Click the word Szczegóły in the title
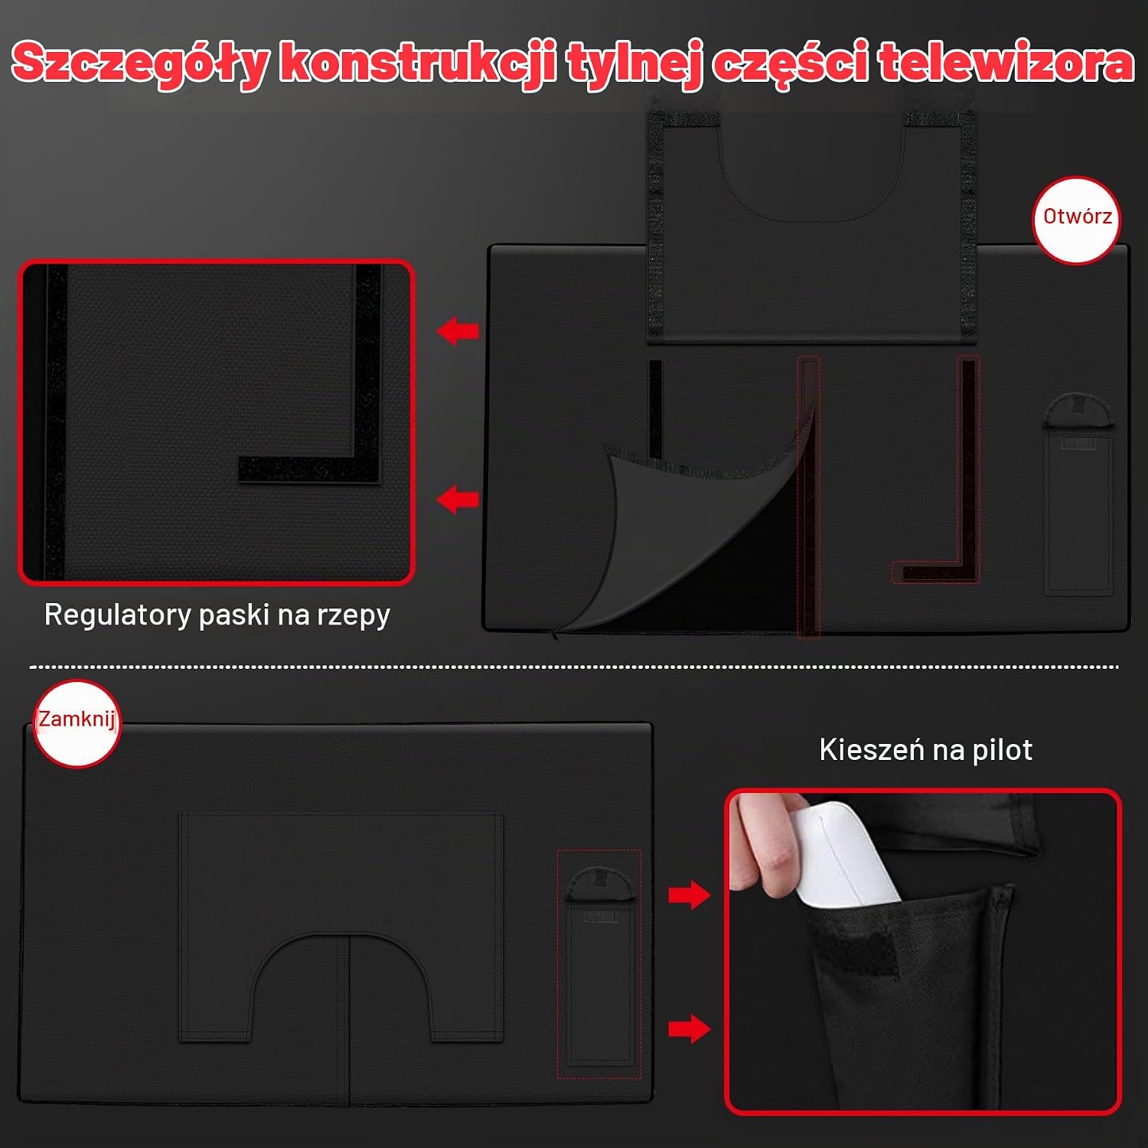[x=140, y=62]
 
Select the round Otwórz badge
[x=1077, y=220]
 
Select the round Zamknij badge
[x=77, y=722]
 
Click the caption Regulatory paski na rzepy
[x=217, y=615]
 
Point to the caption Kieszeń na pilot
[x=925, y=749]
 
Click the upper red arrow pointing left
[x=458, y=331]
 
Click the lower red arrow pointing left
[x=458, y=500]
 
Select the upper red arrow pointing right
[x=690, y=895]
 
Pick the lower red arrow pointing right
[x=690, y=1029]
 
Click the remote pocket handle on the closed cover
[x=602, y=883]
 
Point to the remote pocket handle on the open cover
[x=1077, y=411]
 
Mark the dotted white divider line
[x=574, y=667]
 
